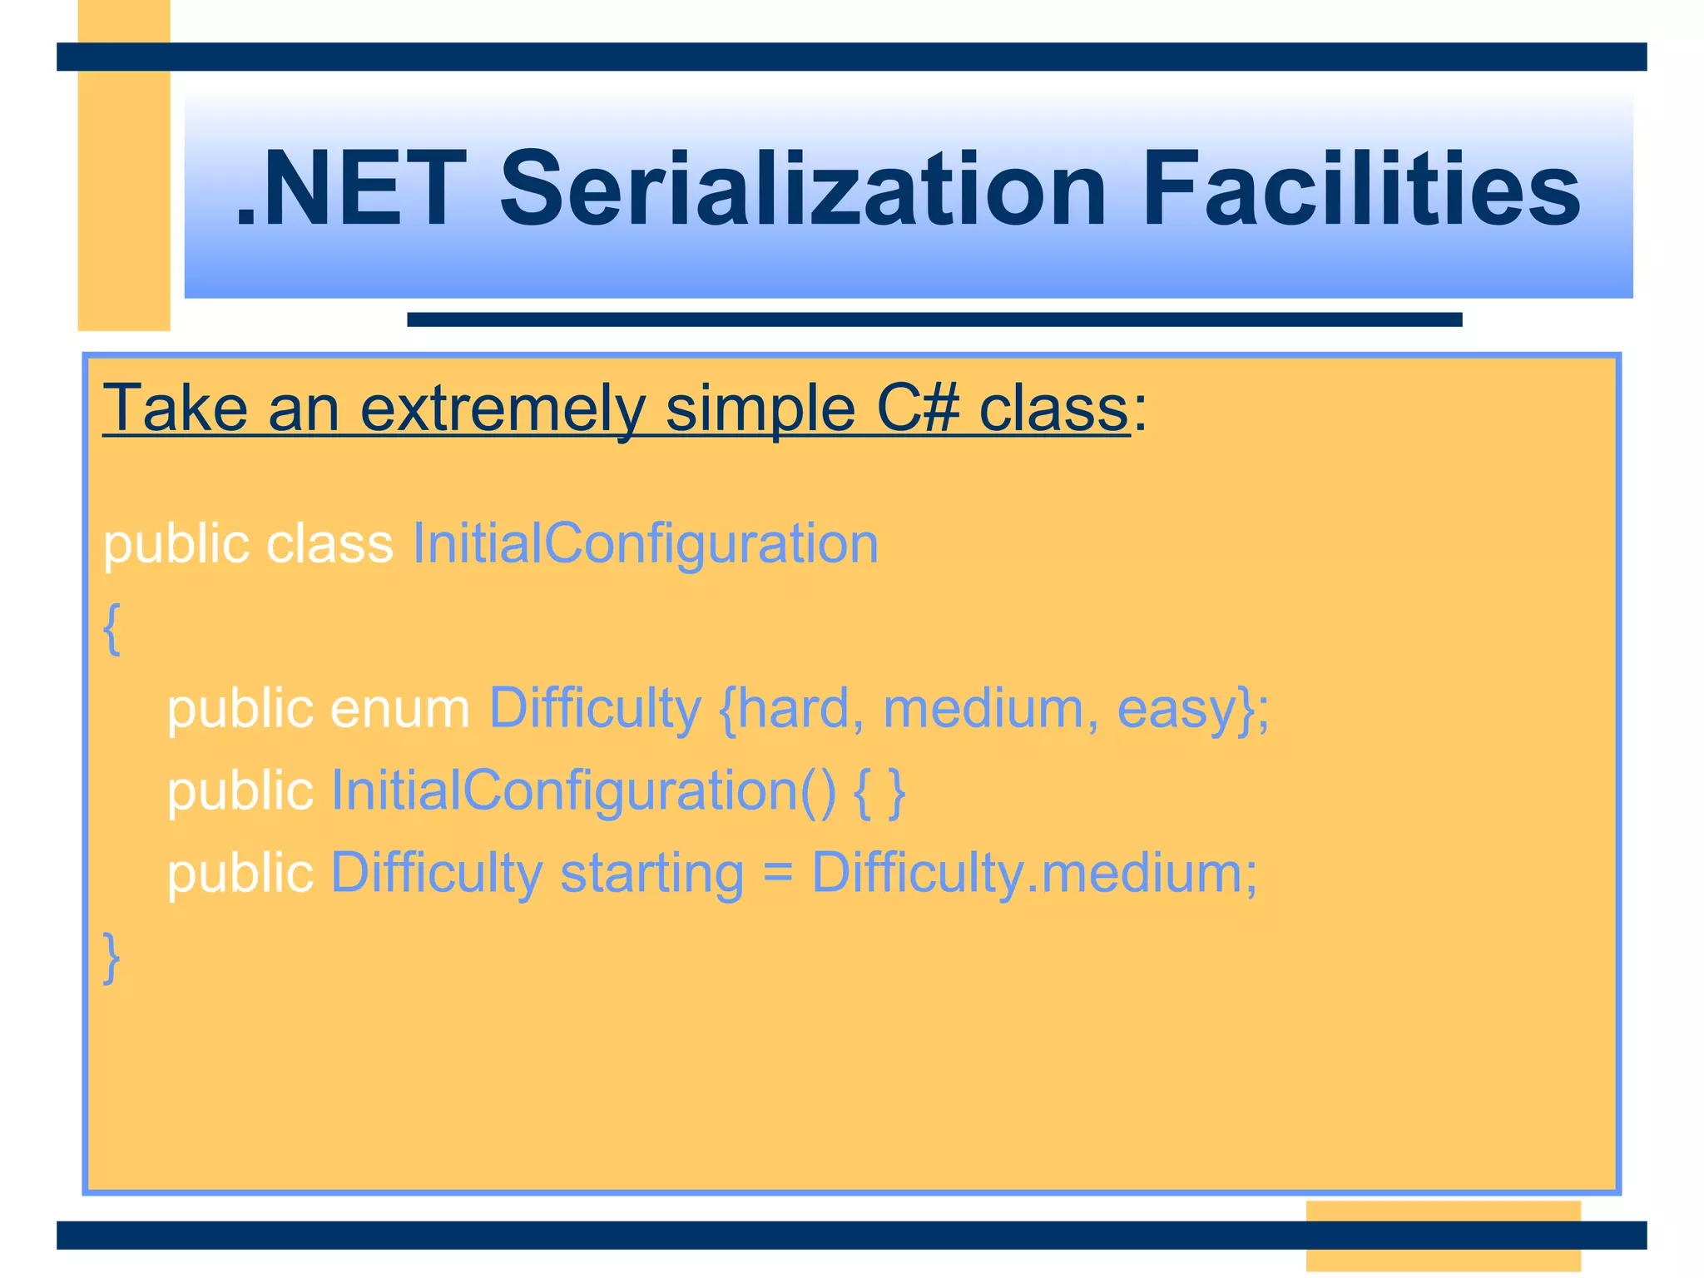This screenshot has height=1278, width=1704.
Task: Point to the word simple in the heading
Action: coord(760,408)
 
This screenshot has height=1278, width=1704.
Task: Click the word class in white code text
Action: coord(329,543)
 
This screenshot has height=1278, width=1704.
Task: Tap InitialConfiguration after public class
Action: coord(646,543)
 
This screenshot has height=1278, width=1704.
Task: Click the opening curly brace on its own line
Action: coord(111,628)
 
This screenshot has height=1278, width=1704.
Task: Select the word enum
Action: coord(400,709)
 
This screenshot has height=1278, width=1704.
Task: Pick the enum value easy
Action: coord(1176,709)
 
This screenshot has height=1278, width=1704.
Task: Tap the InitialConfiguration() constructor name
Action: coord(582,790)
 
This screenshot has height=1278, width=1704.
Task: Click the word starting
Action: coord(651,873)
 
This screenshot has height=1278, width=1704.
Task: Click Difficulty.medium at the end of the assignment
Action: coord(1033,873)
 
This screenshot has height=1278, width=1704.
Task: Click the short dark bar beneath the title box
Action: coord(934,319)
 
